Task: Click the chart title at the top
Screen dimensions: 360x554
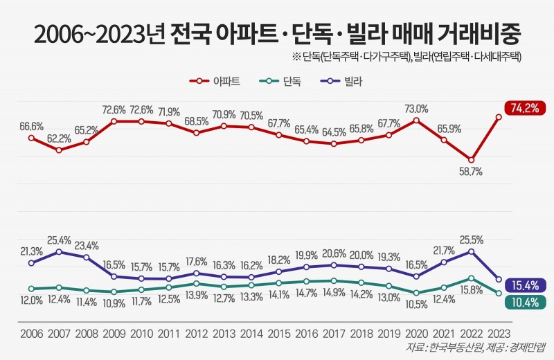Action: point(277,33)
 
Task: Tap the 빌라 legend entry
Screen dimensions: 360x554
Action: point(342,82)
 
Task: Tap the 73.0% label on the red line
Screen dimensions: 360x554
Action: point(416,108)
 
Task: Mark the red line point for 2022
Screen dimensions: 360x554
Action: point(472,159)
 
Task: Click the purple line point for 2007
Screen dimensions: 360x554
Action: point(59,251)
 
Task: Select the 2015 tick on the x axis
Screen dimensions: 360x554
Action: point(278,333)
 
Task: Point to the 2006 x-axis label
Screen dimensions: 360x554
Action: point(31,333)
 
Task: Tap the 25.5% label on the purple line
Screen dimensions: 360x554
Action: point(472,240)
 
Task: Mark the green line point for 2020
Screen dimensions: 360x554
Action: point(416,294)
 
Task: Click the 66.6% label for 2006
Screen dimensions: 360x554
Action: point(32,126)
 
